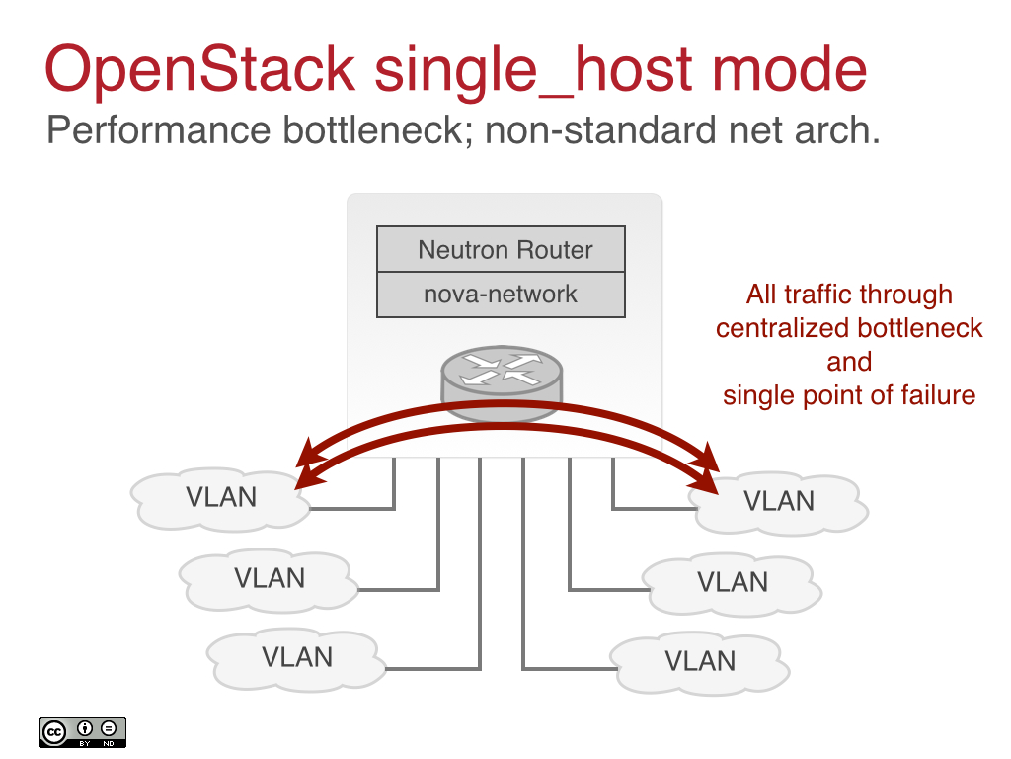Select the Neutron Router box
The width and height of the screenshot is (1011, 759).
pyautogui.click(x=502, y=249)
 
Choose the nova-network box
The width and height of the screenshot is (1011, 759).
pyautogui.click(x=502, y=295)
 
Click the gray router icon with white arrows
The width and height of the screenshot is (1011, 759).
pyautogui.click(x=502, y=375)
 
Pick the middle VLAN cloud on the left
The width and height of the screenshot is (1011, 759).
pyautogui.click(x=269, y=578)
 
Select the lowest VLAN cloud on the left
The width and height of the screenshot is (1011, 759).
pyautogui.click(x=296, y=657)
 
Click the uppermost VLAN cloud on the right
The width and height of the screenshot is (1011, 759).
pyautogui.click(x=780, y=502)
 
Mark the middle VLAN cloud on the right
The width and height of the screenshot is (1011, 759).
pyautogui.click(x=733, y=583)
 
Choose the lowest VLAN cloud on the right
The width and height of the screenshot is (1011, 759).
pyautogui.click(x=701, y=661)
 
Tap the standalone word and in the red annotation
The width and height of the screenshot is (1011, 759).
pyautogui.click(x=849, y=362)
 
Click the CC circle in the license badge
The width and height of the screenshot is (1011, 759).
pyautogui.click(x=53, y=730)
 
